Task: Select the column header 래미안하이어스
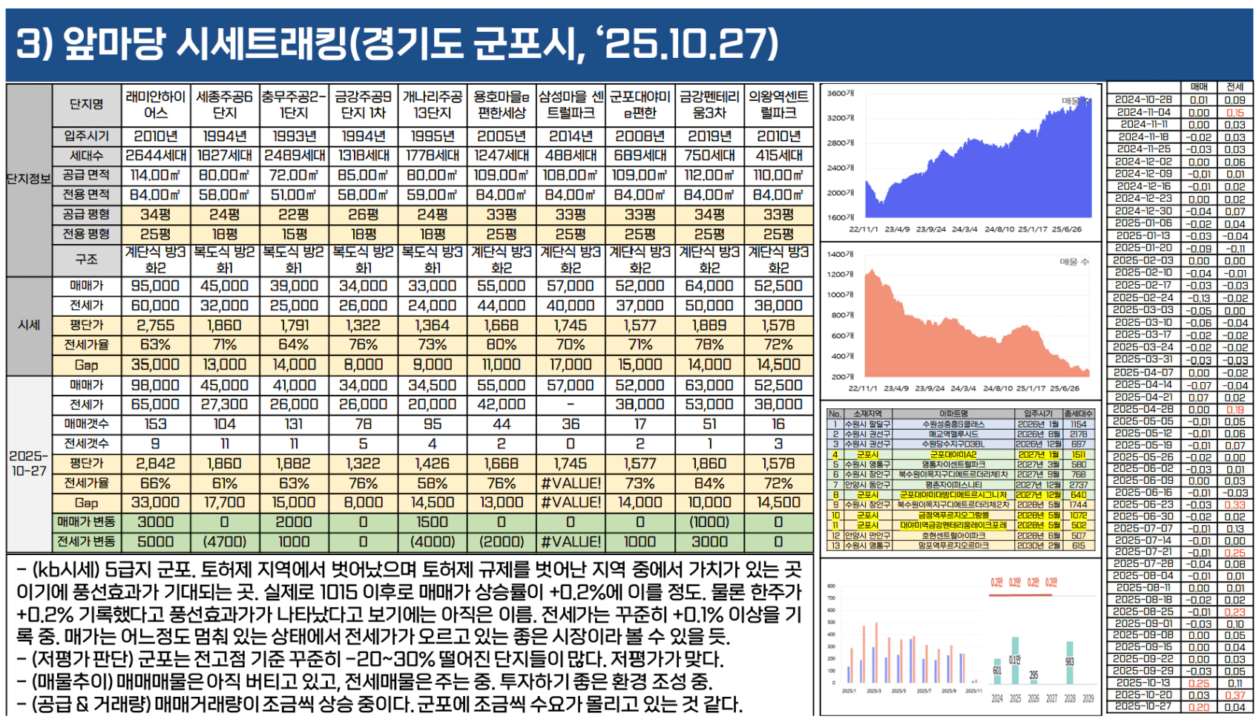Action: coord(155,105)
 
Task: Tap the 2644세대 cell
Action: coord(155,156)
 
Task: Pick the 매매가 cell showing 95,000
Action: coord(155,286)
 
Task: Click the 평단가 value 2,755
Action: coord(155,325)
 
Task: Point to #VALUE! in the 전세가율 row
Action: coord(571,483)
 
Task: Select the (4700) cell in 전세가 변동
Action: coord(224,542)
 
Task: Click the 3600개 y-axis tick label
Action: coord(841,94)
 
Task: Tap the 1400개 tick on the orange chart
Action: coord(841,255)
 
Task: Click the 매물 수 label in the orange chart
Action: coord(1074,262)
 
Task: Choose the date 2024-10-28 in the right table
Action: coord(1143,99)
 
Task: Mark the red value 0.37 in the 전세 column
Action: coord(1235,695)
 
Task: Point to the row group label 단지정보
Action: coord(29,179)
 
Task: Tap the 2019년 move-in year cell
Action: coord(709,137)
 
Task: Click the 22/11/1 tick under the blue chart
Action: coord(864,229)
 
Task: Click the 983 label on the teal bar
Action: coord(1069,662)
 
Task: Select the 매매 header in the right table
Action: coord(1199,87)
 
